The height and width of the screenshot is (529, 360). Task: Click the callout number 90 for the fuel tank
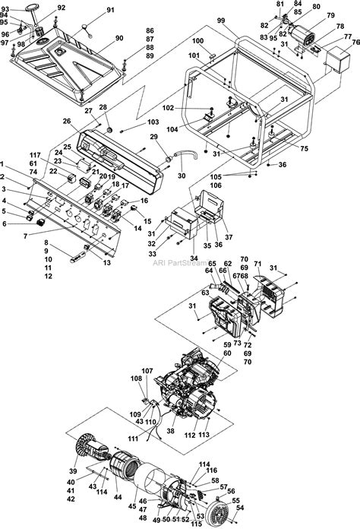(119, 38)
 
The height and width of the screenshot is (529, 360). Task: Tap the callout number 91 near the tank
(110, 10)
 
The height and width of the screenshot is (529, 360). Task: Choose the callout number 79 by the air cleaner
(330, 15)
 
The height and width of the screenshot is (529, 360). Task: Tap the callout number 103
(153, 122)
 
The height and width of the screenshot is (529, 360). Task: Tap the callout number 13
(106, 262)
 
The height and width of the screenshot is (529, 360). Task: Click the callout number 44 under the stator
(117, 497)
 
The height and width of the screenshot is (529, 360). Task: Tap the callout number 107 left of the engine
(147, 371)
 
